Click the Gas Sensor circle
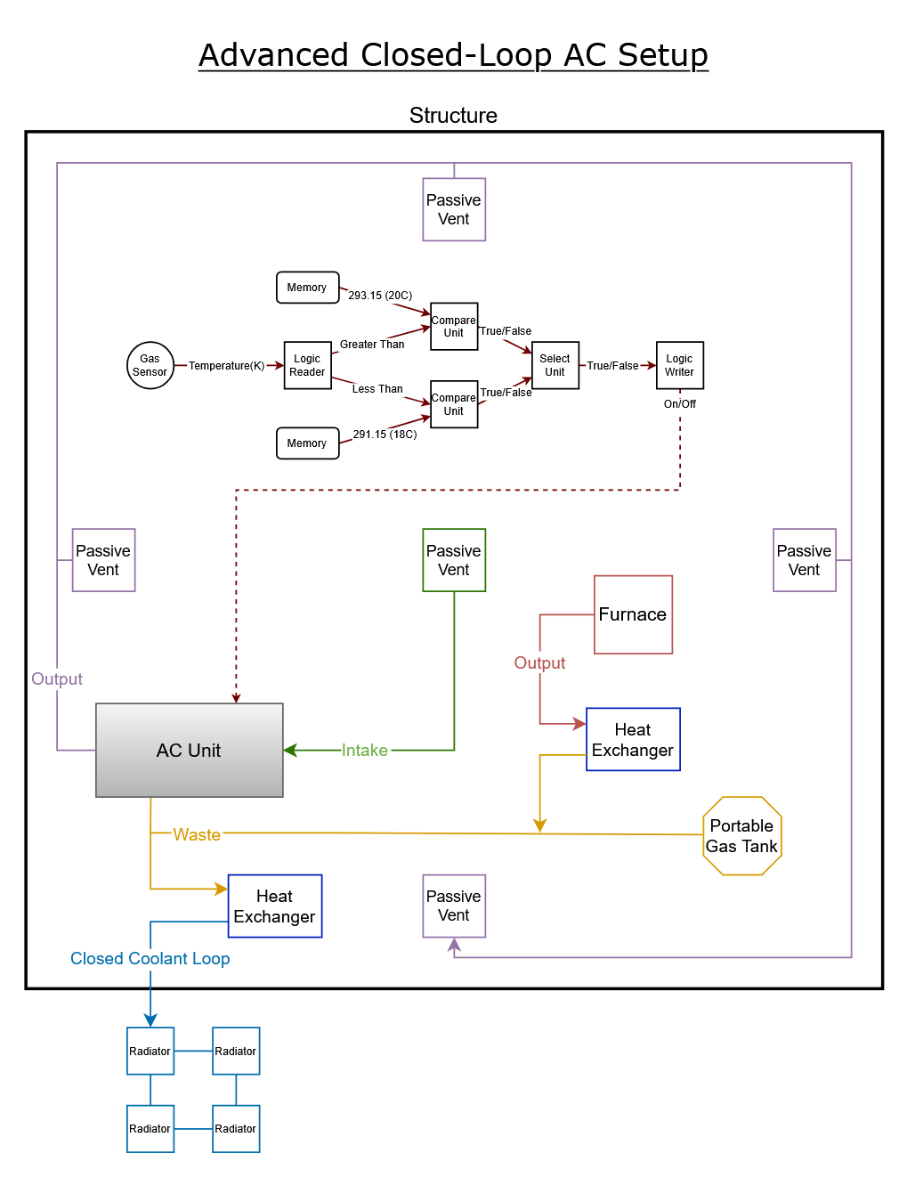(150, 366)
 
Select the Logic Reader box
(307, 366)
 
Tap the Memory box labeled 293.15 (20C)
(307, 288)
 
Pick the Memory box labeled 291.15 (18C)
(307, 443)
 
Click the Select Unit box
(555, 366)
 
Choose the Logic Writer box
(679, 366)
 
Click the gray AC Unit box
(189, 751)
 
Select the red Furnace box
(633, 614)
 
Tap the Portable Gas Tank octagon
(741, 836)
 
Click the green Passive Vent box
(454, 560)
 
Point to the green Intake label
(365, 751)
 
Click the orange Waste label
(197, 834)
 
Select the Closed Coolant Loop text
(150, 959)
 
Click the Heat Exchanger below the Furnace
(633, 740)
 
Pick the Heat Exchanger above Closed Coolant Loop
(274, 906)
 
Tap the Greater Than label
(372, 345)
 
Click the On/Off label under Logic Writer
(679, 404)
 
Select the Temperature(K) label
(226, 366)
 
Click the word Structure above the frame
(453, 116)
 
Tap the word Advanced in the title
(273, 55)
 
